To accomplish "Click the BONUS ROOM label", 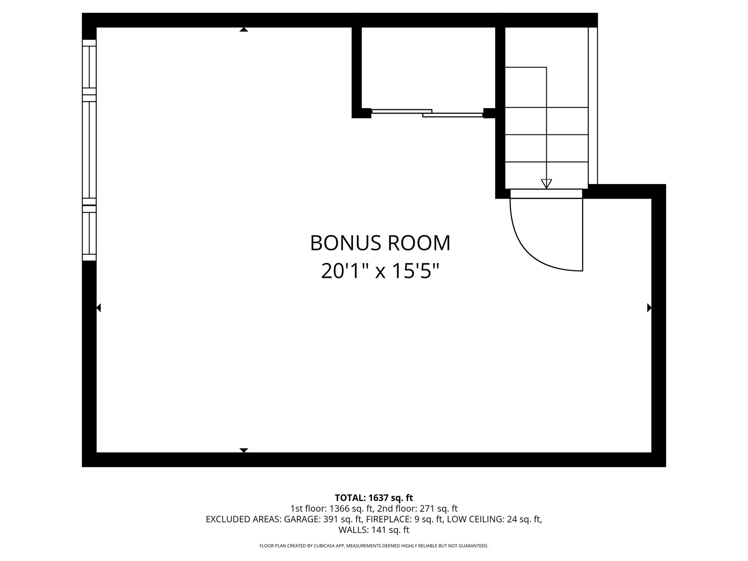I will click(380, 243).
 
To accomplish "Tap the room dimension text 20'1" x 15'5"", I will click(380, 271).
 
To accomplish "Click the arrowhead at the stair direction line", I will click(546, 184).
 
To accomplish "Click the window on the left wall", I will click(89, 150).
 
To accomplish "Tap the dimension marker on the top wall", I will click(244, 30).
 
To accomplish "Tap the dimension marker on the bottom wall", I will click(244, 450).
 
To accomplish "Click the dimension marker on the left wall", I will click(99, 308).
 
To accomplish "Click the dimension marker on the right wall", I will click(649, 308).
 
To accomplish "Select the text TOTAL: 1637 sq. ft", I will click(374, 498).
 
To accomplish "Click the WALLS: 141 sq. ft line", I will click(374, 530).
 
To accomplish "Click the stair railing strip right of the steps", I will click(593, 106).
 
